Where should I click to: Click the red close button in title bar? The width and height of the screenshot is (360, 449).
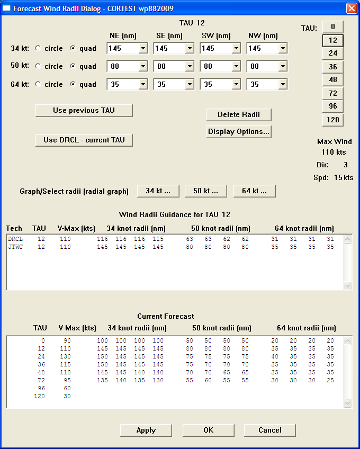(351, 8)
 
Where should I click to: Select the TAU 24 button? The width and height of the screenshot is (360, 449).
(332, 53)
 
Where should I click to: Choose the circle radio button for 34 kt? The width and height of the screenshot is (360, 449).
(38, 49)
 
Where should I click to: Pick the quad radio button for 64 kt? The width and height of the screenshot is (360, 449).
(74, 85)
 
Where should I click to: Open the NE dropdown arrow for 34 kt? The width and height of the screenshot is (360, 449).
(142, 49)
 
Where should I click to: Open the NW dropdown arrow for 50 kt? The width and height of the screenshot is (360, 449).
(282, 67)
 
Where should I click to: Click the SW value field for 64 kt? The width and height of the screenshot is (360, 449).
(215, 85)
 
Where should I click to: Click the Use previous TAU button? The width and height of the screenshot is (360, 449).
(84, 110)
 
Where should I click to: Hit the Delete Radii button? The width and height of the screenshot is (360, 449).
(238, 115)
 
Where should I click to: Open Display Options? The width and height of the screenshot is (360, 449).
(238, 132)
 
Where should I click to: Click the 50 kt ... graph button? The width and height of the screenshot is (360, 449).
(205, 191)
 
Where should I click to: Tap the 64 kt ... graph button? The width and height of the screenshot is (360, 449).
(254, 191)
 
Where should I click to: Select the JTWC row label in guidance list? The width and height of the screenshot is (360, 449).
(14, 247)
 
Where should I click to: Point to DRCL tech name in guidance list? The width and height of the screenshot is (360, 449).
(14, 239)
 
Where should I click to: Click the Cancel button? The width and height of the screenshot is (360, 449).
(269, 430)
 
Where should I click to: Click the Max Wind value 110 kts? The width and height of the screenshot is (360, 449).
(334, 152)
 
